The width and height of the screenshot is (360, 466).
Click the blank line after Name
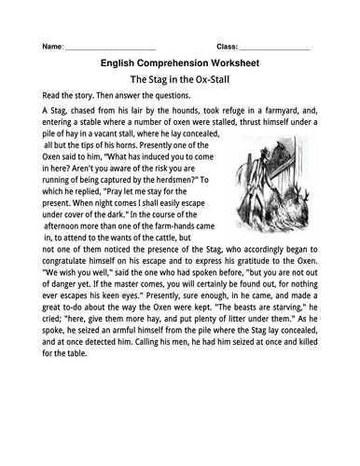click(x=111, y=47)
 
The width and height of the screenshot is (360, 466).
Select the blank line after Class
click(x=276, y=47)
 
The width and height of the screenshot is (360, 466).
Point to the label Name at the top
click(x=52, y=47)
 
